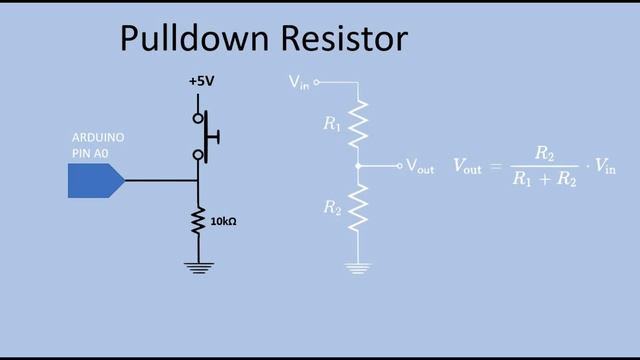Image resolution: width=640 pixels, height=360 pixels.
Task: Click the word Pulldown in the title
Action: [188, 39]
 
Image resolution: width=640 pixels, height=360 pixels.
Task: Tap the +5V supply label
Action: [202, 81]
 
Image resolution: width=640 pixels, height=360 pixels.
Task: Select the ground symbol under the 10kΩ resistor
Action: [198, 266]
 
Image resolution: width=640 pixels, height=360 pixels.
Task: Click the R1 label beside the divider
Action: [331, 125]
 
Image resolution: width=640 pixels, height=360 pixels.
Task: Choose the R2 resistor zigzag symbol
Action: [358, 207]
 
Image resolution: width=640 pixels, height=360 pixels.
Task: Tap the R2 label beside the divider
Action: [331, 207]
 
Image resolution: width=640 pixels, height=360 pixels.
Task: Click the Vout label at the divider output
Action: [420, 167]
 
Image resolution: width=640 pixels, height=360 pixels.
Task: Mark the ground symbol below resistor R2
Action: [358, 267]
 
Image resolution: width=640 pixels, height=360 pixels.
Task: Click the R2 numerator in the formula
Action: [544, 153]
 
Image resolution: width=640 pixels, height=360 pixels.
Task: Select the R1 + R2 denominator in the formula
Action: [544, 180]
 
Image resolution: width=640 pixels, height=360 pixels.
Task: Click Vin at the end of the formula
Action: [604, 167]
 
